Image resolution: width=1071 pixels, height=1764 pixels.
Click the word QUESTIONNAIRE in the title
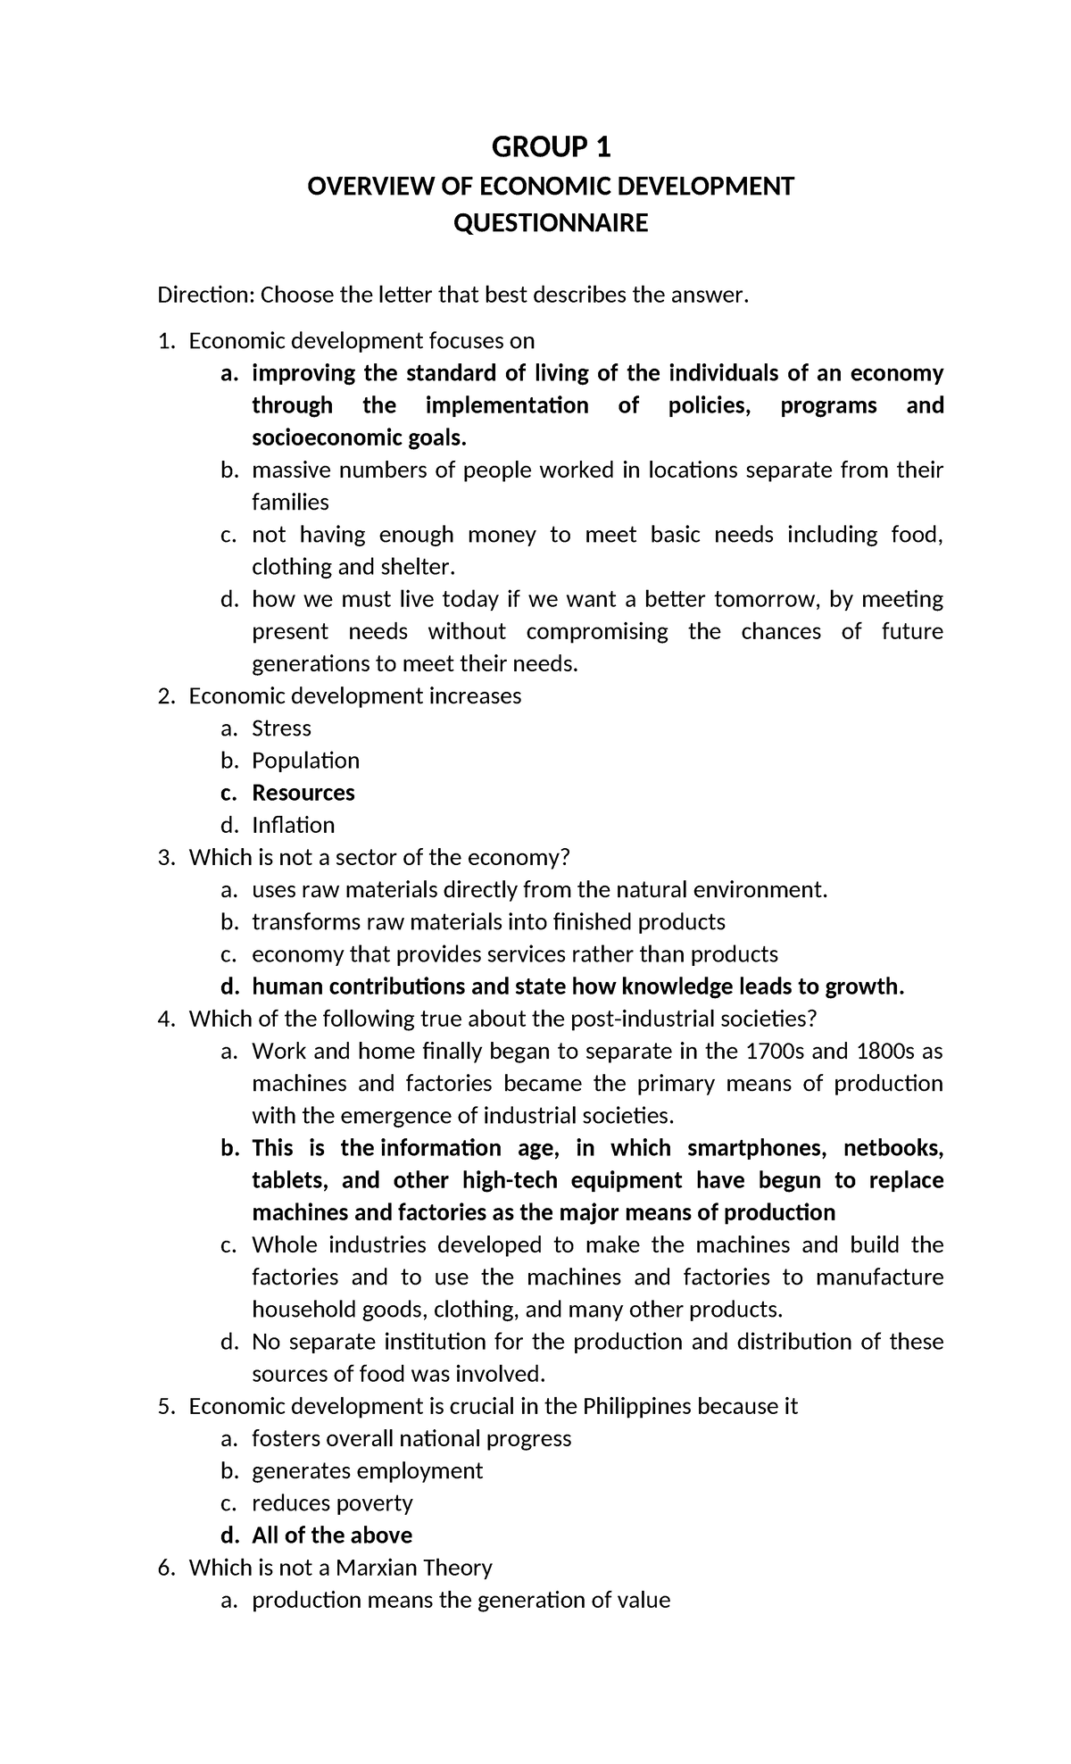551,223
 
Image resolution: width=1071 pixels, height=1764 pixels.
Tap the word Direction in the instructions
205,295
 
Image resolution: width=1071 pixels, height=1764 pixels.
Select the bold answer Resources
303,793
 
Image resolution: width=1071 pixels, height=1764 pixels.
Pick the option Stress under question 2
281,728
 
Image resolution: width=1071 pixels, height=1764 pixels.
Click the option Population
305,761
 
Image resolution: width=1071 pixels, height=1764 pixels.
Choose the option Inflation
293,825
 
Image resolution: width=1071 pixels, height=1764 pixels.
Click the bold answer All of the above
332,1535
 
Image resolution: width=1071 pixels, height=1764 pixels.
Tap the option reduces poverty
332,1503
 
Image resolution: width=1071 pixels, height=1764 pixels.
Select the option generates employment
367,1471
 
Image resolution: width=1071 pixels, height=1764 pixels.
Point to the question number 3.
164,858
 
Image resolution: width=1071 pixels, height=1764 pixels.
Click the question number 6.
164,1568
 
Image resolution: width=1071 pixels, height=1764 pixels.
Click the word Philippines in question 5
636,1407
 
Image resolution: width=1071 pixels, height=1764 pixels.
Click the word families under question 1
290,503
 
